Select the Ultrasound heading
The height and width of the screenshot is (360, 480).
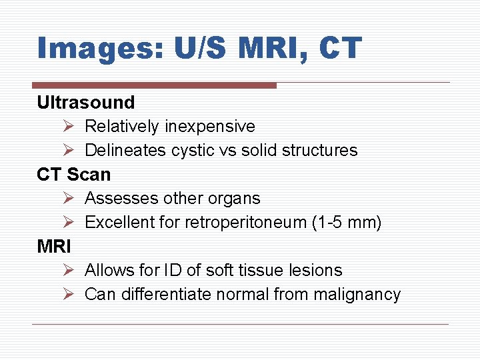pos(86,103)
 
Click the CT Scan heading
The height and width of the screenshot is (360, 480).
pos(74,175)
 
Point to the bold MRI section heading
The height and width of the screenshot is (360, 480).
pos(54,247)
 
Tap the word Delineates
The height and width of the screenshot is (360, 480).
pos(125,151)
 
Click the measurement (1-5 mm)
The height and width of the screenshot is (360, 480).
pos(347,223)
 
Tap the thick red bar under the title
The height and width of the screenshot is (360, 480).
pos(154,85)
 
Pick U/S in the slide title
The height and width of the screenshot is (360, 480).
pos(193,49)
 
